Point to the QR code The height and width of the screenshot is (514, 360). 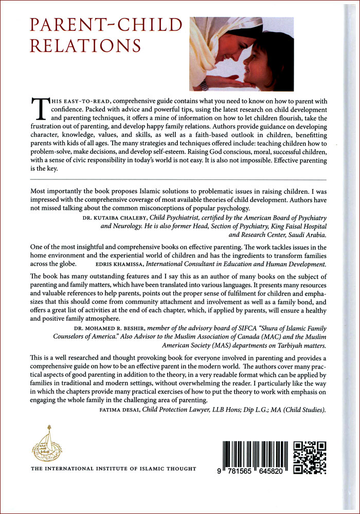(310, 457)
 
